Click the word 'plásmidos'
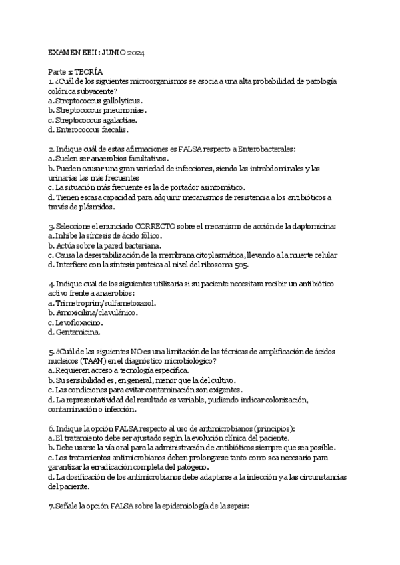(x=89, y=207)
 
